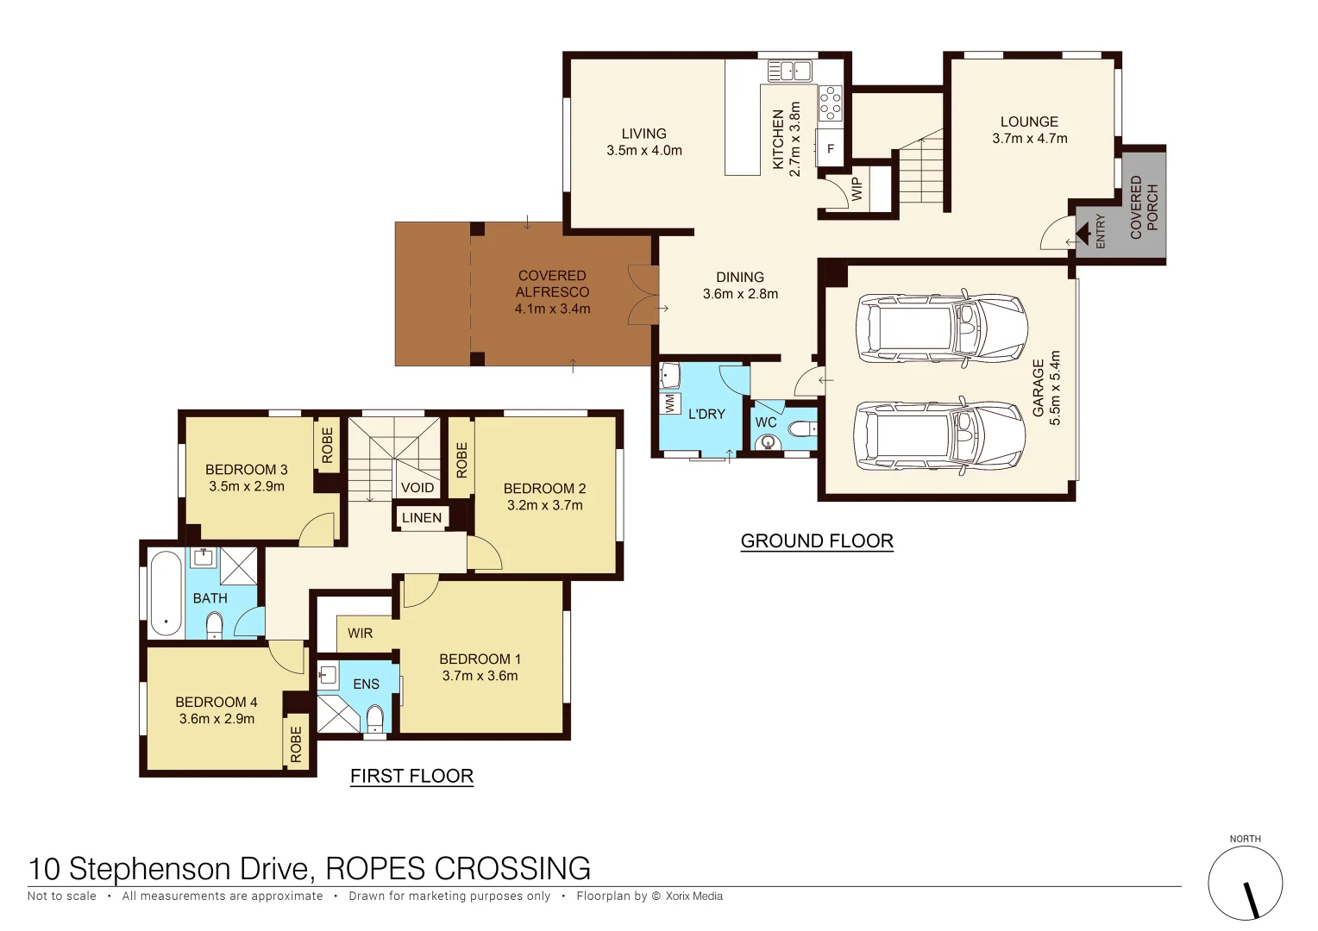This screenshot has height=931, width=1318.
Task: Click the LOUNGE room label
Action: click(x=1029, y=122)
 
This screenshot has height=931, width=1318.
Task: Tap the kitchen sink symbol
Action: click(x=789, y=71)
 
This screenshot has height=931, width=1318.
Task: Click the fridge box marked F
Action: click(x=831, y=148)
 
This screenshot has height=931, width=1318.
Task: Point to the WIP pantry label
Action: click(x=857, y=189)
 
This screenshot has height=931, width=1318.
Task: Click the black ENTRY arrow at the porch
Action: click(x=1083, y=234)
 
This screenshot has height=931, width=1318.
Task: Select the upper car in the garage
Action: click(x=941, y=328)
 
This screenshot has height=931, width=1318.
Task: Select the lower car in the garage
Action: click(x=939, y=436)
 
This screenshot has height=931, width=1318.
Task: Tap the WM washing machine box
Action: click(x=670, y=403)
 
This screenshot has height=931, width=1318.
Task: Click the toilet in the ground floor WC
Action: click(x=802, y=428)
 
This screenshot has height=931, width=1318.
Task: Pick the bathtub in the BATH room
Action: click(x=166, y=593)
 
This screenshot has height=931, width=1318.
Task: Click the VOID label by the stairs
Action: click(x=417, y=488)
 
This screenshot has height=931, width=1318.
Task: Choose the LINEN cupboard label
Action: click(x=422, y=518)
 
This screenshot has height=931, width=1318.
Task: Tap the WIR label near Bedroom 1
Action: click(x=361, y=634)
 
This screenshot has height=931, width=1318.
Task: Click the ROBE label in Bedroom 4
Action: click(x=296, y=743)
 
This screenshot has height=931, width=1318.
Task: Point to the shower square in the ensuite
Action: click(x=337, y=714)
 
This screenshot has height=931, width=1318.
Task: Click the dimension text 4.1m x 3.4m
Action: click(x=552, y=309)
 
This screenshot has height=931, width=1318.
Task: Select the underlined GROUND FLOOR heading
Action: click(x=817, y=541)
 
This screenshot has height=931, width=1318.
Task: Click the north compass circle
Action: click(x=1245, y=883)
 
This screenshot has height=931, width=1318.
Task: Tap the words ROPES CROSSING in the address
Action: click(x=458, y=868)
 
